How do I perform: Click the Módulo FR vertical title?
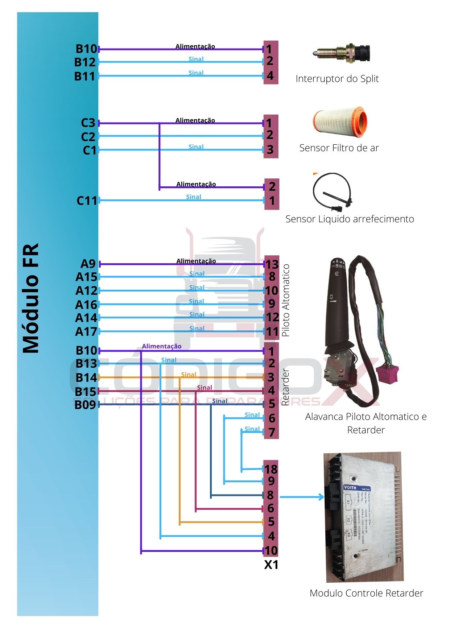click(x=31, y=298)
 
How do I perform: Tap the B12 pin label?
click(x=85, y=62)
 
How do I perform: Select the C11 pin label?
click(x=87, y=201)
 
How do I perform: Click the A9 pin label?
click(x=88, y=264)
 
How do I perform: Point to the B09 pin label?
click(x=85, y=405)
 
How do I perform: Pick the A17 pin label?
click(x=86, y=331)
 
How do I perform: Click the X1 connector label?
click(x=271, y=565)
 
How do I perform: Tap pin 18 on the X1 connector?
click(x=271, y=469)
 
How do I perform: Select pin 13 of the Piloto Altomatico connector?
click(x=272, y=264)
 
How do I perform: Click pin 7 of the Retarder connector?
click(x=272, y=432)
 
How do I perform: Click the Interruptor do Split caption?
click(x=337, y=79)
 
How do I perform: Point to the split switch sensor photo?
click(x=341, y=53)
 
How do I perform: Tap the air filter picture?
click(x=340, y=122)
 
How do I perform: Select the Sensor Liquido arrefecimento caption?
click(x=350, y=219)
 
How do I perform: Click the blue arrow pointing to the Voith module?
click(x=302, y=497)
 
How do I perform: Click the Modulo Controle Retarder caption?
click(x=366, y=593)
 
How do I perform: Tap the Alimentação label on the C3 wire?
click(x=195, y=120)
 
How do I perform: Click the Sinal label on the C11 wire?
click(x=194, y=197)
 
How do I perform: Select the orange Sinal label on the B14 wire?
click(x=189, y=375)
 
